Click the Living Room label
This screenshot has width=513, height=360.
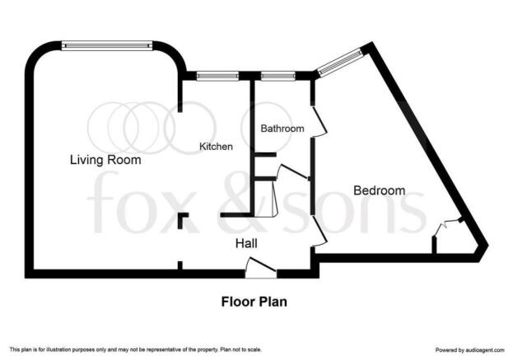tap(105, 160)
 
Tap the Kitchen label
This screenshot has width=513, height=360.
tap(216, 147)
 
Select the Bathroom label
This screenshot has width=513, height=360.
tap(282, 129)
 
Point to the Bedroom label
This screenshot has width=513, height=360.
tap(379, 190)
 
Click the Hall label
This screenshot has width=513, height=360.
tap(246, 244)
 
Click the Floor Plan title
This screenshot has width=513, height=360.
tap(254, 302)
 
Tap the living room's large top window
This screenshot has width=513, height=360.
tap(107, 45)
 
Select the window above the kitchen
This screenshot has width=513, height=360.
tap(217, 77)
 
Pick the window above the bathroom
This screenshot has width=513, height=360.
tap(277, 77)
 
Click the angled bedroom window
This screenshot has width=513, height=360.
tap(341, 62)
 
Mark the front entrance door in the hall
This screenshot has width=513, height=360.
tap(261, 268)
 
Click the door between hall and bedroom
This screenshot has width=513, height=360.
tap(319, 231)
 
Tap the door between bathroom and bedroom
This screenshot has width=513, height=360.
tap(319, 121)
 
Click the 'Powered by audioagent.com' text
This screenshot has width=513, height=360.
tap(470, 350)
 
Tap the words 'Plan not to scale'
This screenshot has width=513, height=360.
tap(240, 349)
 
